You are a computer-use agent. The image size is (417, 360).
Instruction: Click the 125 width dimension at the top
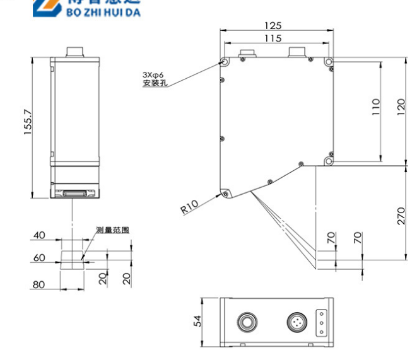tap(273, 26)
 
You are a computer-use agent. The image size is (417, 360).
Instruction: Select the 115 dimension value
tap(273, 38)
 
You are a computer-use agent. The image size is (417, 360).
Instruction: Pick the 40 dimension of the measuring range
tap(39, 235)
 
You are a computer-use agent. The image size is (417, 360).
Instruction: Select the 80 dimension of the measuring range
tap(39, 284)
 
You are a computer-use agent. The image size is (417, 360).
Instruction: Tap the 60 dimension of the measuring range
tap(39, 258)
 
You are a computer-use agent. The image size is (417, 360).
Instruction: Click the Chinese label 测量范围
tap(112, 230)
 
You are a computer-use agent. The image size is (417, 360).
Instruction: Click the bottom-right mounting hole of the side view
tap(328, 161)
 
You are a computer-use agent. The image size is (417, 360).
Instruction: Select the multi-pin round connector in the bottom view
tap(297, 323)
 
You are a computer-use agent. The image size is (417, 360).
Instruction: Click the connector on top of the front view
tap(76, 49)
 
